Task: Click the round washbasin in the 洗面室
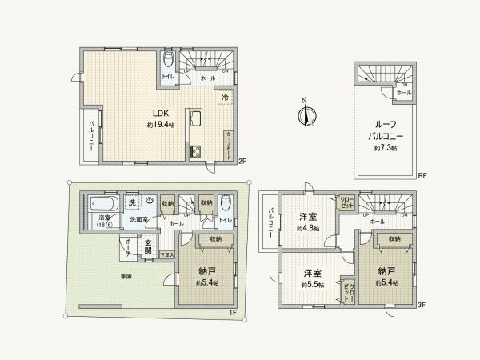click(x=149, y=201)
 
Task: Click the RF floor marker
click(x=422, y=176)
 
